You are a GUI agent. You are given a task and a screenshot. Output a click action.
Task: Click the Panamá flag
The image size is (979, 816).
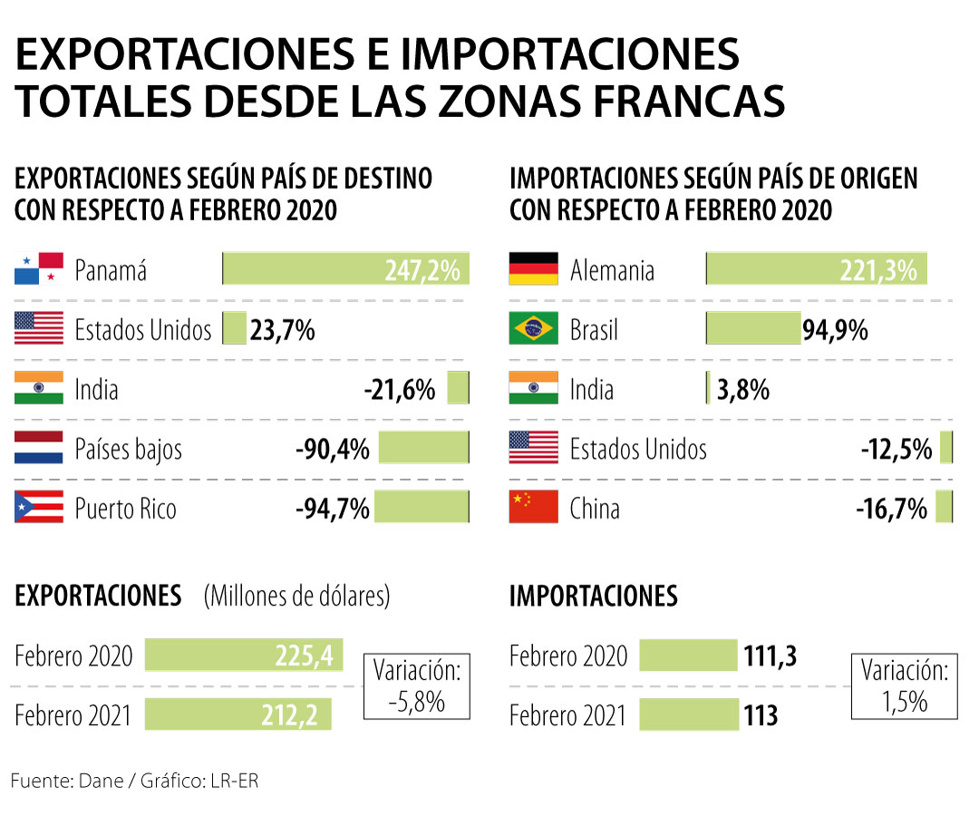(39, 269)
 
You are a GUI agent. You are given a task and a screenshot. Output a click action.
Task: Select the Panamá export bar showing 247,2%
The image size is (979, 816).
(346, 269)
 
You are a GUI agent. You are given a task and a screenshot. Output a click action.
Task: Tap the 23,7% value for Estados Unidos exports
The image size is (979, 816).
(283, 330)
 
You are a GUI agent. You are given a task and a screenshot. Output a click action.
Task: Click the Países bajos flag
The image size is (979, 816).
(39, 448)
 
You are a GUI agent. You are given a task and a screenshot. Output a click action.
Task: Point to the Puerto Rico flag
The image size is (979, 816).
(39, 507)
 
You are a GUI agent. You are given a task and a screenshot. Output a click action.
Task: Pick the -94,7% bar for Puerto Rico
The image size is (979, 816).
(422, 507)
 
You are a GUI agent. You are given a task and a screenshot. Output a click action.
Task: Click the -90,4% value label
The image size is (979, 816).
(332, 449)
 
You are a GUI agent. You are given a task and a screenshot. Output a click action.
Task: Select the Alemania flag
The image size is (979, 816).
(534, 269)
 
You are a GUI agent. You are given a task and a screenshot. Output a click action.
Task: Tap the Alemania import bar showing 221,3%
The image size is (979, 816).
(817, 269)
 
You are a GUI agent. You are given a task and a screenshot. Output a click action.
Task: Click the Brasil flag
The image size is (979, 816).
(534, 329)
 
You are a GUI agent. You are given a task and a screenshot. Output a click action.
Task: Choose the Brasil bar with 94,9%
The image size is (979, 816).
(753, 329)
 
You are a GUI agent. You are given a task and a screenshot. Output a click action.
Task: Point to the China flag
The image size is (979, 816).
(534, 507)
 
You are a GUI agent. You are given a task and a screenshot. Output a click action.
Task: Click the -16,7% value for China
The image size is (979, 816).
(892, 509)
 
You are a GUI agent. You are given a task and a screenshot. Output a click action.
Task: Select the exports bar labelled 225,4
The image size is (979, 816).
(244, 655)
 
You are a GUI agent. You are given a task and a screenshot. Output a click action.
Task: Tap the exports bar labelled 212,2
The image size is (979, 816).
(238, 714)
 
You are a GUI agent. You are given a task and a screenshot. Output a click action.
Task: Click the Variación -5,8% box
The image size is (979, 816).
(417, 686)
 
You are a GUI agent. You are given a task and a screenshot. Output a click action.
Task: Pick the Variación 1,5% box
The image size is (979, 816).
(906, 686)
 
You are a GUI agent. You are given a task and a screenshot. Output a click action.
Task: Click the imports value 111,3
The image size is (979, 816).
(771, 656)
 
